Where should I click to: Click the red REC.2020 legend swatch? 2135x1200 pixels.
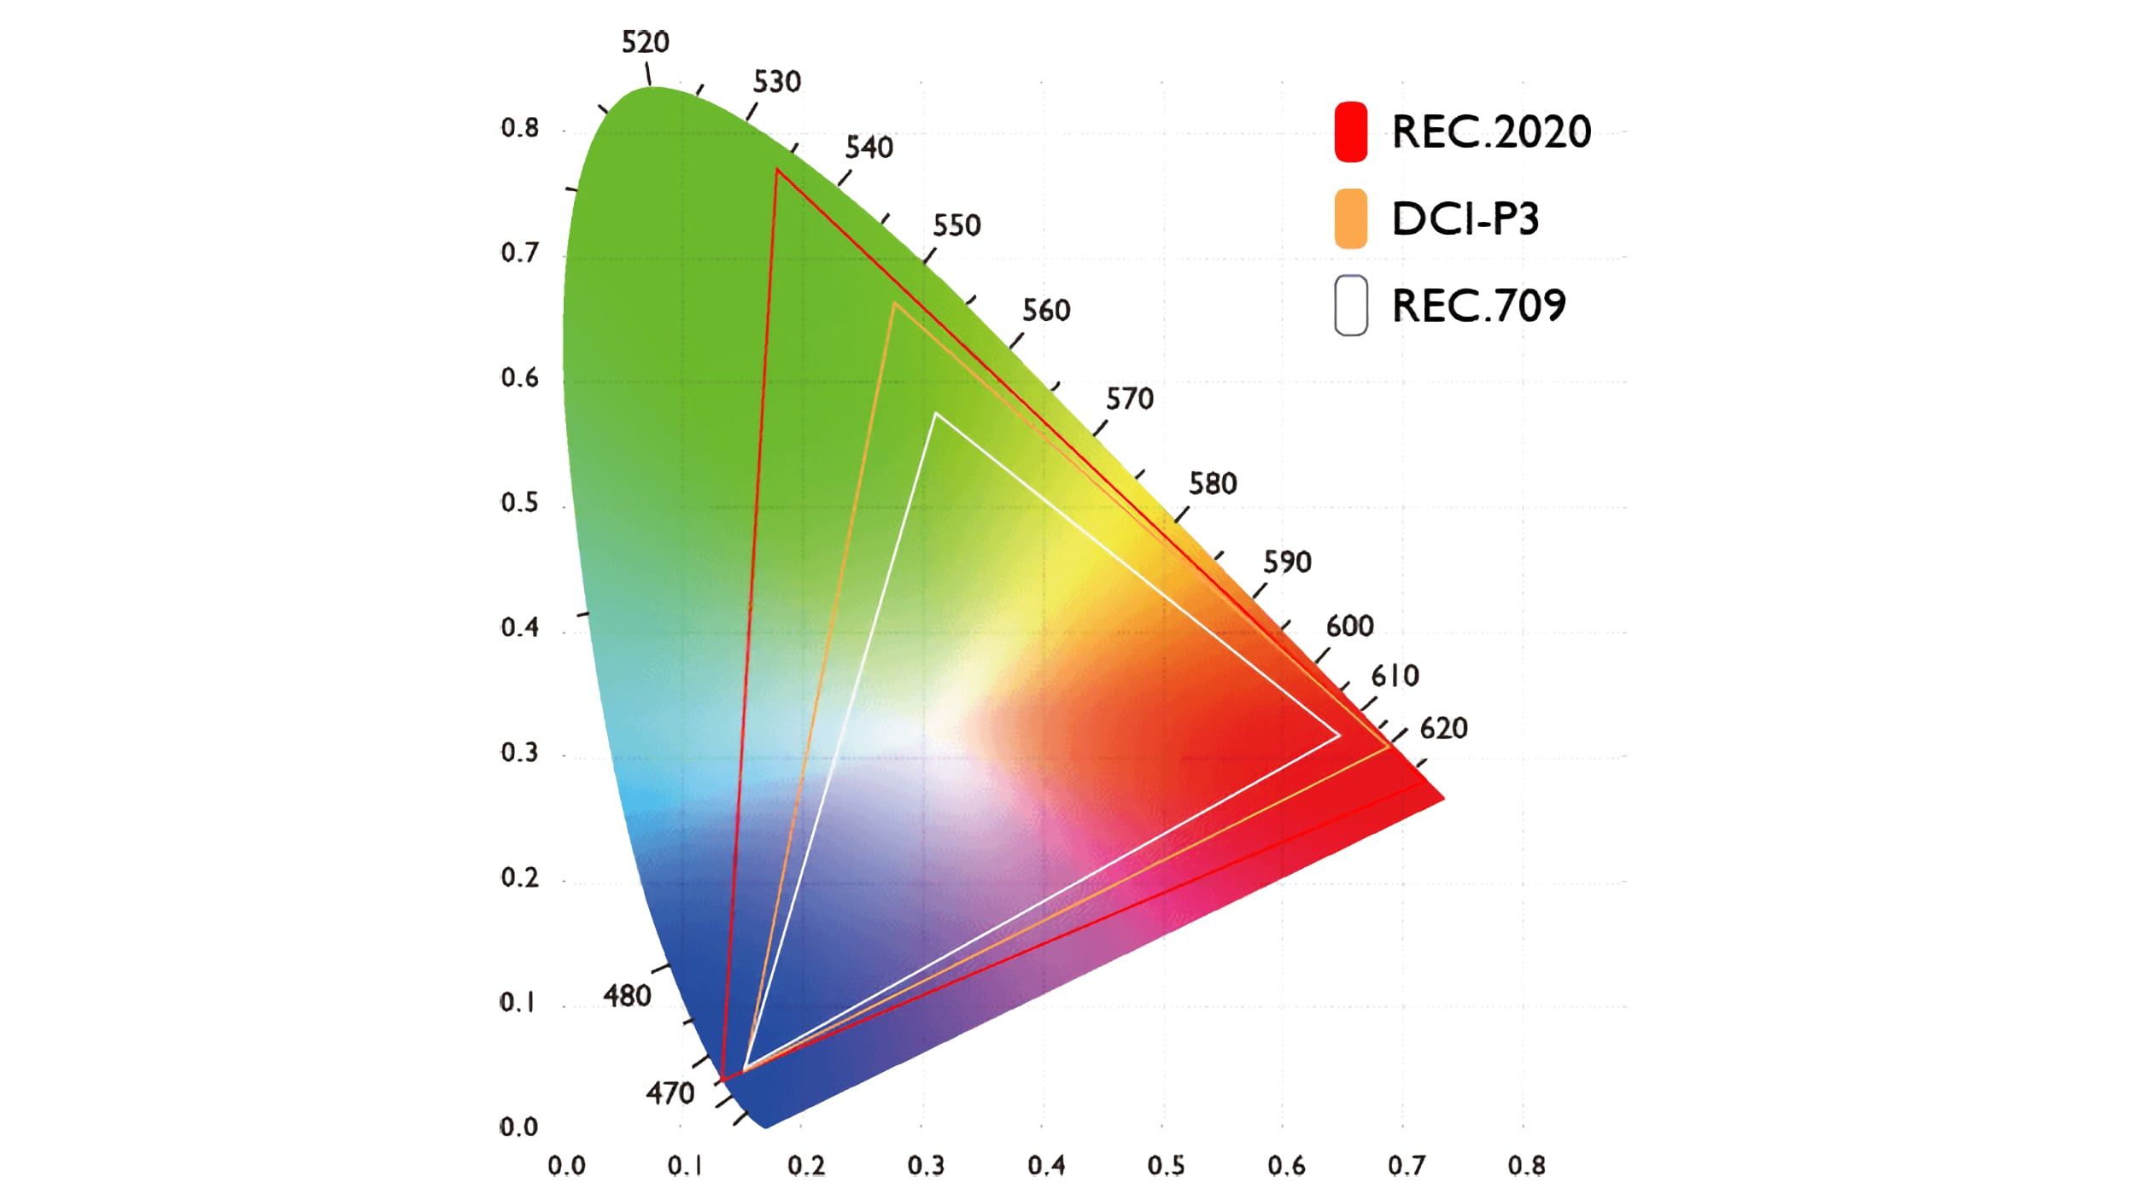tap(1350, 131)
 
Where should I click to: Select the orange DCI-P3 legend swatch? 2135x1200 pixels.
tap(1350, 218)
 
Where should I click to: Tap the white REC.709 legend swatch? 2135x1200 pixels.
tap(1350, 306)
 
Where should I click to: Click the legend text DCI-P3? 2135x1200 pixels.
tap(1465, 219)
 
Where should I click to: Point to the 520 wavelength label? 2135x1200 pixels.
tap(645, 42)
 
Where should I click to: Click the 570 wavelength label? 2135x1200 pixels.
tap(1129, 399)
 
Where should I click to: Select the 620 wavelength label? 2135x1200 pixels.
tap(1443, 728)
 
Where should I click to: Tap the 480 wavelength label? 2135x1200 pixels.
tap(627, 995)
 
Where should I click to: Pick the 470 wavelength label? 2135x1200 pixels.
tap(670, 1092)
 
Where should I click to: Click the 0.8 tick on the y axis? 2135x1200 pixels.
tap(519, 129)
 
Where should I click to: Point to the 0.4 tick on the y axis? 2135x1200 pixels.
tap(519, 628)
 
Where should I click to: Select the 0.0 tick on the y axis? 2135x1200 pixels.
tap(518, 1127)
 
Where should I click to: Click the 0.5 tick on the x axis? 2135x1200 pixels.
tap(1166, 1166)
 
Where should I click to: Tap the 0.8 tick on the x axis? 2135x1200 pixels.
tap(1525, 1166)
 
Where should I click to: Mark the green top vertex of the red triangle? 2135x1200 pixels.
tap(777, 170)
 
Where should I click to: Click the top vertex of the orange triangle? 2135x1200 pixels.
tap(894, 303)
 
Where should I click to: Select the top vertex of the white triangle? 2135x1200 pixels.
tap(936, 414)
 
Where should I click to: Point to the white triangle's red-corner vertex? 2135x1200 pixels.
tap(1338, 735)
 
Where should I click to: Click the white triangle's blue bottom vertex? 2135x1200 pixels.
tap(745, 1069)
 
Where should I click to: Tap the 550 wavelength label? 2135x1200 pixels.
tap(956, 225)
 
